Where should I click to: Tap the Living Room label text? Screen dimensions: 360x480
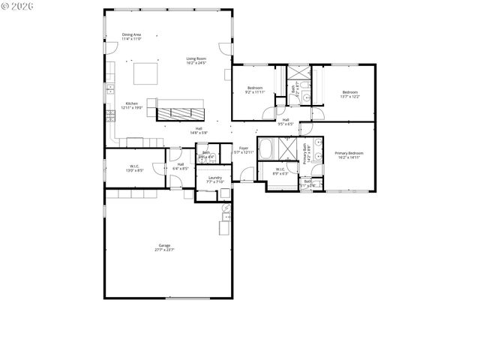click(196, 60)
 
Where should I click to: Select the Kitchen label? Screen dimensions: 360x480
click(132, 106)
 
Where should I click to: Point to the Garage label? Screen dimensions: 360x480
click(164, 247)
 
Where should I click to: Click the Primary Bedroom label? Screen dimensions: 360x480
click(349, 155)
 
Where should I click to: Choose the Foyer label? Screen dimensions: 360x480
click(244, 150)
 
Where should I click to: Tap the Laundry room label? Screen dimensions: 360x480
click(215, 179)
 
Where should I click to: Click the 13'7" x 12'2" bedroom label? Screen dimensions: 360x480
click(350, 94)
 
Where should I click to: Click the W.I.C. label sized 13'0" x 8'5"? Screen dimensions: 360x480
click(135, 168)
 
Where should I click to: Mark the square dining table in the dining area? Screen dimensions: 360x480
click(146, 73)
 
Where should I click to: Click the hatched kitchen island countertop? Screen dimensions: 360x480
click(180, 113)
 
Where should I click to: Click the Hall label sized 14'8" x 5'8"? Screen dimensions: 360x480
click(199, 130)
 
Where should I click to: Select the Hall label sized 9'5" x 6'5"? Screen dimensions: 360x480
click(286, 121)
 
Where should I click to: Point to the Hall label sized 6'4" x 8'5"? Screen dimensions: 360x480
click(181, 166)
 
